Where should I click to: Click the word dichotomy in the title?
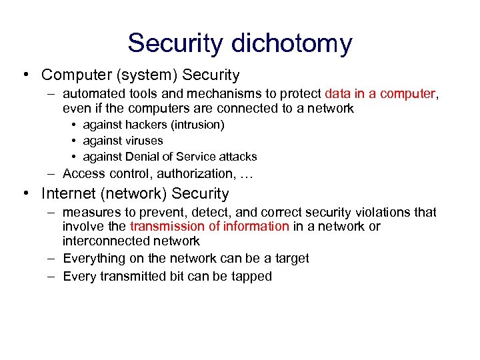click(291, 43)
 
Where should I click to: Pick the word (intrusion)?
click(199, 125)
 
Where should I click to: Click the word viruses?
click(143, 141)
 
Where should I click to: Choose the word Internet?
click(68, 194)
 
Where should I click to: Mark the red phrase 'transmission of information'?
click(210, 227)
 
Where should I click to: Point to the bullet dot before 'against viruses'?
click(75, 141)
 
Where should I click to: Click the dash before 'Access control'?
click(51, 174)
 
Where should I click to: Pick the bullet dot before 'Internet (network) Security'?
click(25, 194)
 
